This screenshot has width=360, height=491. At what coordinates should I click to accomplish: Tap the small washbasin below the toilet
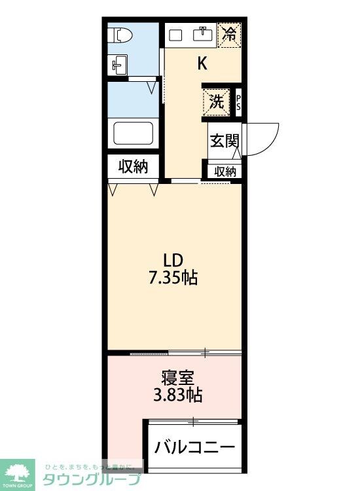click(118, 65)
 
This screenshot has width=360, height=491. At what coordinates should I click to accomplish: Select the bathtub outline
click(134, 134)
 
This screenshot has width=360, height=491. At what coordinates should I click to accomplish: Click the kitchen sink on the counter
click(202, 33)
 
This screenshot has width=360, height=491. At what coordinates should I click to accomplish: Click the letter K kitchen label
click(203, 64)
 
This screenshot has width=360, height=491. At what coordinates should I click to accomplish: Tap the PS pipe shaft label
click(238, 102)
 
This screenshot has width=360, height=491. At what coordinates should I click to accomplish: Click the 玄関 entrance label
click(223, 141)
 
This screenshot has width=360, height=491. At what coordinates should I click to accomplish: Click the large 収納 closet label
click(133, 167)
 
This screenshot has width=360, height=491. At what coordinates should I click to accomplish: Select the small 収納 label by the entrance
click(225, 172)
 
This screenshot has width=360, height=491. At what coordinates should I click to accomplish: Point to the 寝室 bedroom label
click(176, 378)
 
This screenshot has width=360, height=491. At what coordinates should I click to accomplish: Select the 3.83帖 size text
click(177, 395)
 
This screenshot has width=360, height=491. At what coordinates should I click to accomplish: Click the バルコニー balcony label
click(194, 448)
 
